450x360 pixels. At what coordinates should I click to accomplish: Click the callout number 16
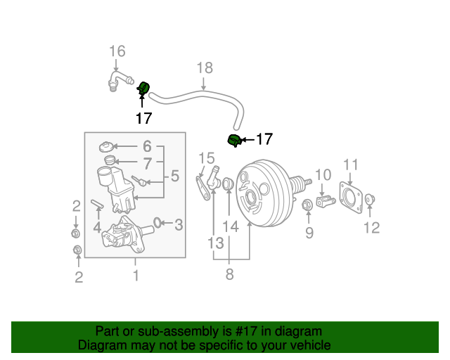[x=117, y=51]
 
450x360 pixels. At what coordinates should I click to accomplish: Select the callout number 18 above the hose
[x=204, y=68]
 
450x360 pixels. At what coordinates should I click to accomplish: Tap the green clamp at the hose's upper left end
[x=143, y=88]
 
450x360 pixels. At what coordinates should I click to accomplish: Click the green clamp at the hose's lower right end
[x=234, y=141]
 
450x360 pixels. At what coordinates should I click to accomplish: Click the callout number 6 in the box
[x=147, y=146]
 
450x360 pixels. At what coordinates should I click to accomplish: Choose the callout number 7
[x=147, y=164]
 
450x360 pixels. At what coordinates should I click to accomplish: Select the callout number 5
[x=174, y=176]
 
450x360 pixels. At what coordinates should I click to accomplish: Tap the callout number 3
[x=179, y=225]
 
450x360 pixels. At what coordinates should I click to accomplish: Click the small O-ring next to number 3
[x=157, y=223]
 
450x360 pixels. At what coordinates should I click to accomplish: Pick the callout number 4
[x=98, y=227]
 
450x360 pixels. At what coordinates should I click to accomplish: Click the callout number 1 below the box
[x=136, y=276]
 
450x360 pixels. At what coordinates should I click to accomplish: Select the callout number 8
[x=229, y=275]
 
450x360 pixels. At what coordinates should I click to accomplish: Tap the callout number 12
[x=371, y=227]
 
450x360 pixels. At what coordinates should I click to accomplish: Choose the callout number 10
[x=322, y=174]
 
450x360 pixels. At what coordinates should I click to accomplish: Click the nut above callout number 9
[x=307, y=205]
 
